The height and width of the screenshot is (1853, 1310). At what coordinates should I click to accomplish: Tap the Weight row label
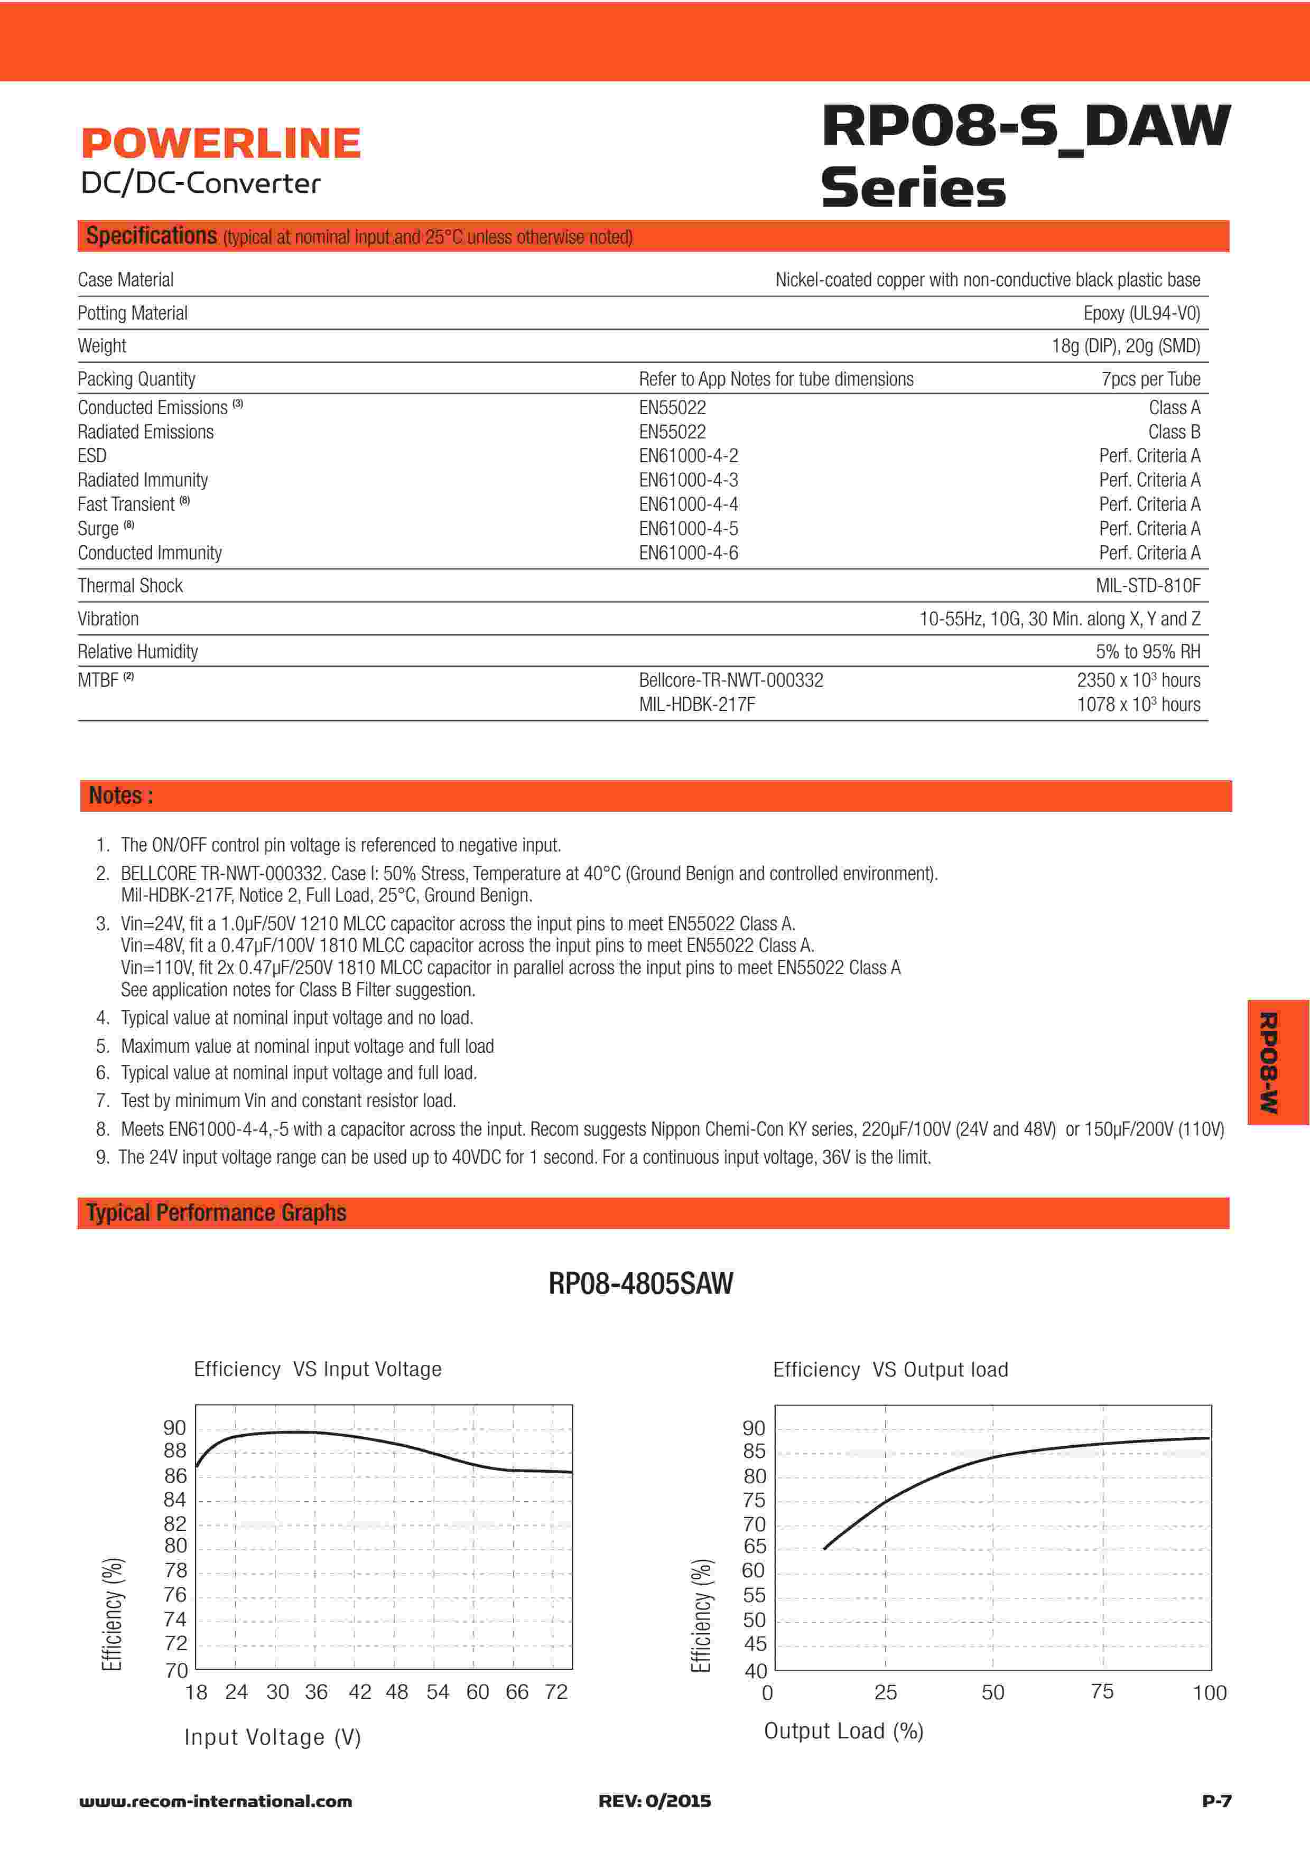tap(101, 346)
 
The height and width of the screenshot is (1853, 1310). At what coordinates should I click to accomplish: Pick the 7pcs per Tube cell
tap(1150, 379)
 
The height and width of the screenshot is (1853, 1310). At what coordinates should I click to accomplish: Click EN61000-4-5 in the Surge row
tap(689, 529)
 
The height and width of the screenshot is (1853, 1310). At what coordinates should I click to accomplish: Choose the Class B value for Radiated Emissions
tap(1174, 432)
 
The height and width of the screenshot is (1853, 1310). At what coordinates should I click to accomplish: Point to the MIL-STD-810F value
tap(1147, 586)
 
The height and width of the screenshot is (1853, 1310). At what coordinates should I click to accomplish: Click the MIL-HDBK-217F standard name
tap(696, 705)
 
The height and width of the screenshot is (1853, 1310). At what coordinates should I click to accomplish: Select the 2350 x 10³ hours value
tap(1138, 680)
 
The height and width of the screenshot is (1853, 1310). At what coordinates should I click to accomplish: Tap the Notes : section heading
tap(121, 796)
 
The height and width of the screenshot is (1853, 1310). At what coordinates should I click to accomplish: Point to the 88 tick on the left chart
tap(174, 1451)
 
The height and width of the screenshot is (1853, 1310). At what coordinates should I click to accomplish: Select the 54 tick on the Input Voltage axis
tap(438, 1691)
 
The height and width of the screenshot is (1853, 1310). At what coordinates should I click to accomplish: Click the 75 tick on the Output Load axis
tap(1102, 1691)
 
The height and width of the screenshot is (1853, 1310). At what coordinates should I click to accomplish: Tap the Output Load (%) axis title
tap(843, 1731)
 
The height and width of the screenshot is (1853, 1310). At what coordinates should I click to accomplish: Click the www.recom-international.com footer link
tap(216, 1801)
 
